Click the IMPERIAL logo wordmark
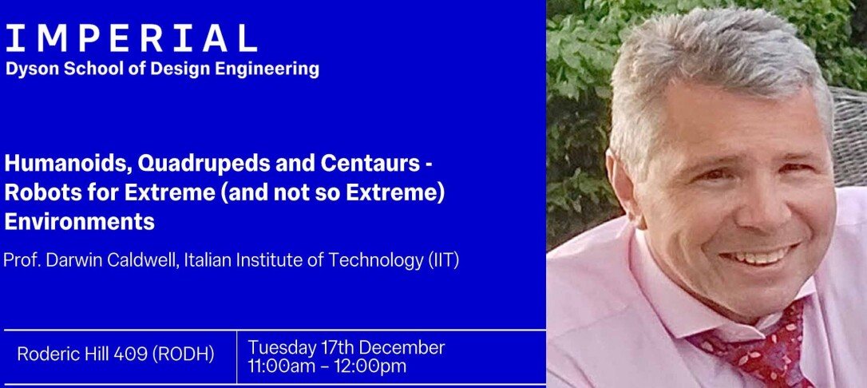click(131, 38)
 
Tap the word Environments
click(79, 223)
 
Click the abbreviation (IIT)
click(443, 261)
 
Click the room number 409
click(129, 354)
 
